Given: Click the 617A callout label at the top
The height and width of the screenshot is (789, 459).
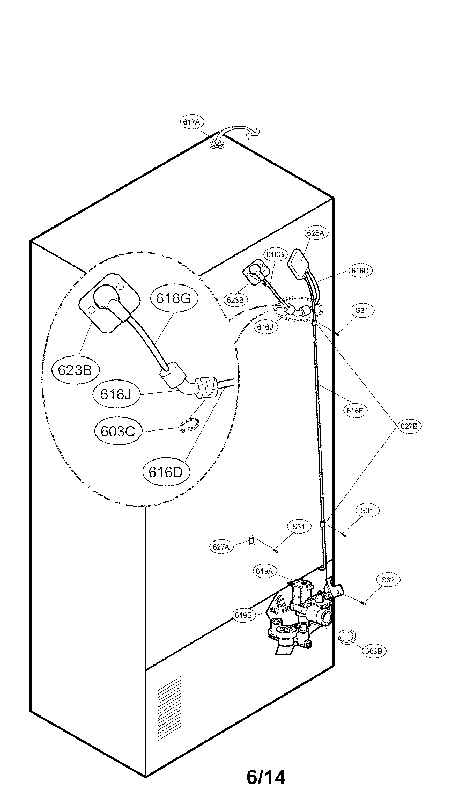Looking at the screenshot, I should coord(191,122).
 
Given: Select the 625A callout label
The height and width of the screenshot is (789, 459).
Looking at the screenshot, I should coord(315,233).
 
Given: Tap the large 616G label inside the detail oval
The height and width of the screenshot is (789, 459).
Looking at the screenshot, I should coord(174,298).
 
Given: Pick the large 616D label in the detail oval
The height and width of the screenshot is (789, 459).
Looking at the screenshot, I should coord(166,472).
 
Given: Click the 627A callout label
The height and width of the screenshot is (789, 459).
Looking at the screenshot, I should coord(221,547).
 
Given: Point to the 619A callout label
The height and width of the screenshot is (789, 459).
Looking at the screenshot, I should coord(265,572).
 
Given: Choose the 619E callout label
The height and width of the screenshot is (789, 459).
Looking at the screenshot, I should coord(243,615).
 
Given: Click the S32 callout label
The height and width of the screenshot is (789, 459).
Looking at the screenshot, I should coord(388,580).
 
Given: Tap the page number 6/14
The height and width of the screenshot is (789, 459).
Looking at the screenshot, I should coord(266,776).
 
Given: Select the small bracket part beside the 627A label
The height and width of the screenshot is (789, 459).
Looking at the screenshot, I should coord(250,540).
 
